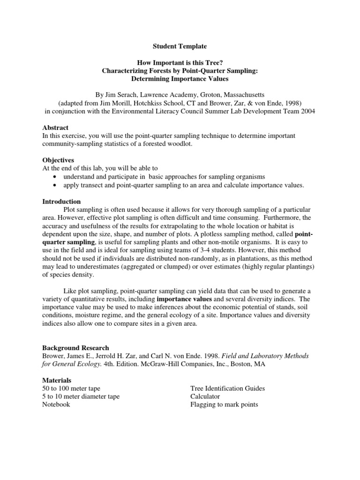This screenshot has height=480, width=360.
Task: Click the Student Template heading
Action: [x=180, y=47]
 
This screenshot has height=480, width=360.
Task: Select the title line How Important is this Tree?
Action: [x=180, y=63]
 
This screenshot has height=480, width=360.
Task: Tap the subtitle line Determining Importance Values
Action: [x=180, y=79]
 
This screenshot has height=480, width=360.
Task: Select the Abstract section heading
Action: [x=55, y=127]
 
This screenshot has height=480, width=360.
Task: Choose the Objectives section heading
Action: [x=58, y=160]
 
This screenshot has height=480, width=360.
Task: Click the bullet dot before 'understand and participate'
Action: [x=56, y=177]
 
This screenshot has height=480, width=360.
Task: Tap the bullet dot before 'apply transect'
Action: [x=56, y=185]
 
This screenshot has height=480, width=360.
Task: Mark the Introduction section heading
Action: [x=61, y=201]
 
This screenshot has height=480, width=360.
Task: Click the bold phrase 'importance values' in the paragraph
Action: [x=183, y=299]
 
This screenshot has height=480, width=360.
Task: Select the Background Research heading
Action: [x=75, y=348]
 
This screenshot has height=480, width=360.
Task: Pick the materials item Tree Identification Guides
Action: [x=227, y=388]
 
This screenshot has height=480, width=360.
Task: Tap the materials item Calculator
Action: [x=205, y=397]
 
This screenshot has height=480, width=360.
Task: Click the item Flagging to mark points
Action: [x=224, y=405]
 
